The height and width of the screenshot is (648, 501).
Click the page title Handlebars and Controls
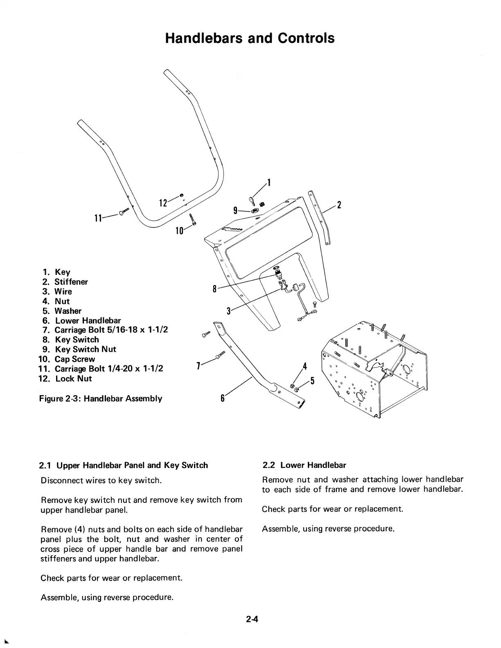pos(250,38)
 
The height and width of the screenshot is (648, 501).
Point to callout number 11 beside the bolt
pos(98,218)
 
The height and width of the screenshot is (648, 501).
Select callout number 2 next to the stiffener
pos(339,205)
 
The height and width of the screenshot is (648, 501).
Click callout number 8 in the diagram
pos(214,289)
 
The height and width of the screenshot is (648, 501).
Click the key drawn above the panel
pos(252,201)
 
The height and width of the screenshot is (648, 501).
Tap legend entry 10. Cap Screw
pos(66,359)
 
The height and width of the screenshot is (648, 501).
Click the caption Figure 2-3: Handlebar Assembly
pos(101,398)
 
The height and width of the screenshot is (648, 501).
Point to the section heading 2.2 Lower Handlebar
pos(304,465)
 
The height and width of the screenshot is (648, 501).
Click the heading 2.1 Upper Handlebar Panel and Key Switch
pos(123,465)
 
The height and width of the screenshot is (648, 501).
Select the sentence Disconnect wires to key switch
pos(101,480)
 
